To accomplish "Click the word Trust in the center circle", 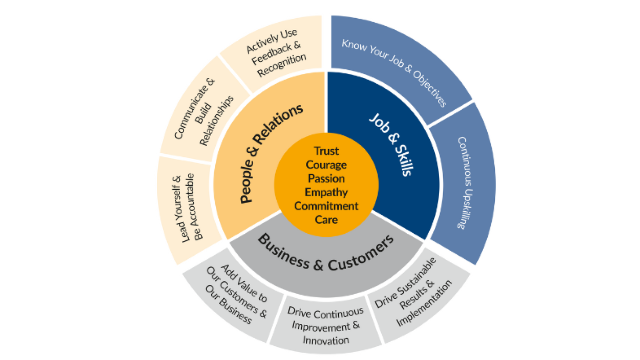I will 326,150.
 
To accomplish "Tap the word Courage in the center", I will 326,164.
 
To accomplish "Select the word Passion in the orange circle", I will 326,178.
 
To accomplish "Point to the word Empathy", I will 326,192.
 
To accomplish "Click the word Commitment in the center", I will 326,206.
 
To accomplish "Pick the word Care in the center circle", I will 326,220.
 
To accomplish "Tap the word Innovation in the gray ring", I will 325,340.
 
